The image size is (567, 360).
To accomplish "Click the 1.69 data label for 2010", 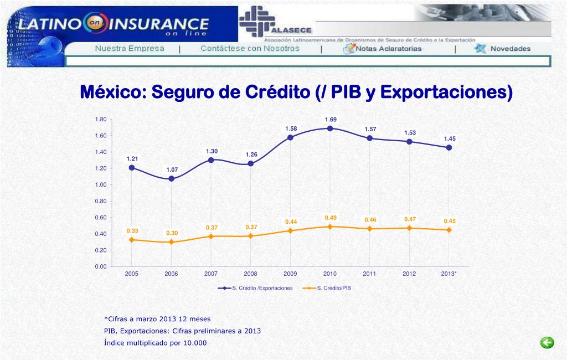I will (331, 120).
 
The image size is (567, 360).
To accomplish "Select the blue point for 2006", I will (172, 179).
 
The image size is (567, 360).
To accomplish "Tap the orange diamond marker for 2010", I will (330, 227).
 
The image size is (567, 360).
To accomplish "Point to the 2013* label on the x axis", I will (449, 274).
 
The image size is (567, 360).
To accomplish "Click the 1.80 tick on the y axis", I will (100, 120).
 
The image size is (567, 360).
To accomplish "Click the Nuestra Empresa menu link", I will (130, 49).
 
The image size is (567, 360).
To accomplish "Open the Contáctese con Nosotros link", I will (250, 49).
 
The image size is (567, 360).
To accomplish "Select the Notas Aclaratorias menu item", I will (388, 49).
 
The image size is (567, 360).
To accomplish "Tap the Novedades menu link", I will (510, 49).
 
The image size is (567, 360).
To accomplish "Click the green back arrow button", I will (547, 343).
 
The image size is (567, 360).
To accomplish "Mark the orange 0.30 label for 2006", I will (172, 233).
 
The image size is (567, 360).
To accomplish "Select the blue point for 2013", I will (449, 147).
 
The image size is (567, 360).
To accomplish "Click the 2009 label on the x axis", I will (290, 274).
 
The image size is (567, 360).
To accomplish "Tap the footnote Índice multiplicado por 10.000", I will (155, 343).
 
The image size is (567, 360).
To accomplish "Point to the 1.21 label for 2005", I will (132, 159).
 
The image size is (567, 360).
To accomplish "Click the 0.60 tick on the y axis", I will (100, 218).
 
